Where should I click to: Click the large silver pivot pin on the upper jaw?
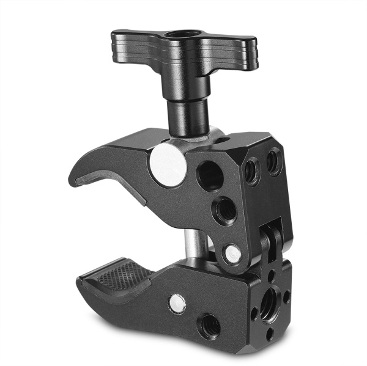pyautogui.click(x=167, y=164)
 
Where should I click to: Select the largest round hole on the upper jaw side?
pyautogui.click(x=210, y=176)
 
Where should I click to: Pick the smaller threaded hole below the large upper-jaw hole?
pyautogui.click(x=224, y=211)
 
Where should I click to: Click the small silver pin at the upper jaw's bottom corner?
pyautogui.click(x=232, y=254)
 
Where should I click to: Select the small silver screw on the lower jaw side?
pyautogui.click(x=176, y=301)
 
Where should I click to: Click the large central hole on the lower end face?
pyautogui.click(x=270, y=300)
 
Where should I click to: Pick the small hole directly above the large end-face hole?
pyautogui.click(x=271, y=277)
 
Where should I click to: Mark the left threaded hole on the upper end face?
pyautogui.click(x=251, y=171)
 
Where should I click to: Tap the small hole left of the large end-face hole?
pyautogui.click(x=253, y=313)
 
